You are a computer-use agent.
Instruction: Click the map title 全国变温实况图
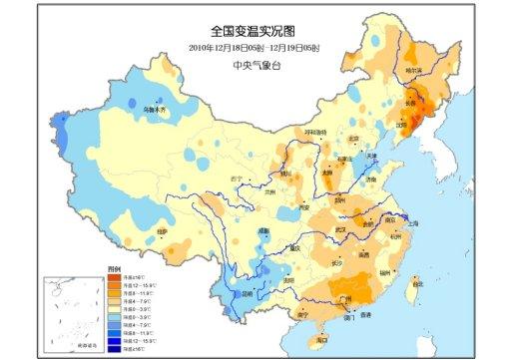(x=255, y=32)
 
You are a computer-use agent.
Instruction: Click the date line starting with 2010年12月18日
(x=254, y=48)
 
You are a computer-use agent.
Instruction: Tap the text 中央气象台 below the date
(x=254, y=65)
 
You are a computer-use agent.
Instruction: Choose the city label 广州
(x=347, y=297)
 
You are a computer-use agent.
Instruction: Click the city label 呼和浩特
(x=314, y=132)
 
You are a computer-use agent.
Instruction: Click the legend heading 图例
(x=114, y=269)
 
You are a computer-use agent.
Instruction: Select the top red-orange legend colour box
(x=115, y=276)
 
